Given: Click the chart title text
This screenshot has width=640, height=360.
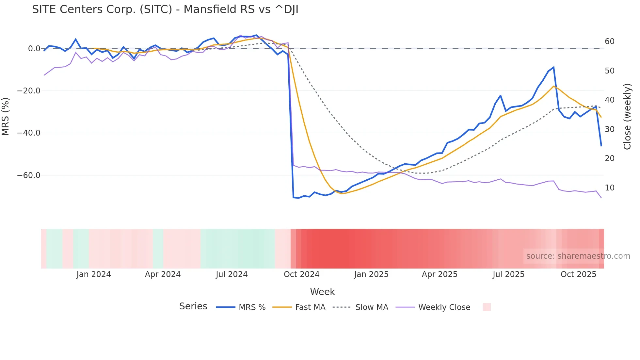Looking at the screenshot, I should point(165,9).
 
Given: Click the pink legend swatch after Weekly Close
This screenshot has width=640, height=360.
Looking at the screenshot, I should point(487,307).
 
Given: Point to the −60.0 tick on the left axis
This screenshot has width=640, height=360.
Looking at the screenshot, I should point(29,175).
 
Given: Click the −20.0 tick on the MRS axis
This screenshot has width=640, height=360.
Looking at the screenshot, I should point(29,91).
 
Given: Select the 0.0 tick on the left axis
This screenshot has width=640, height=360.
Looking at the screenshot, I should point(34,49).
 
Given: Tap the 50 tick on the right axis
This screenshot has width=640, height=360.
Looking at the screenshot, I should point(609,71).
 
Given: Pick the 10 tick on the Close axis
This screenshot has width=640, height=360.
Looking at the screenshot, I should point(609,188).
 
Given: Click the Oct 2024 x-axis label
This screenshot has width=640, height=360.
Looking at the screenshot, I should point(301,274).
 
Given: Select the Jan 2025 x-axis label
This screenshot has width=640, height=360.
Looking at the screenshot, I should point(371,274).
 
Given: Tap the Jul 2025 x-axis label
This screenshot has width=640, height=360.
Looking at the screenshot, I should point(508,274).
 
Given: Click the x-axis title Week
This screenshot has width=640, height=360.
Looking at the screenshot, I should point(322,292).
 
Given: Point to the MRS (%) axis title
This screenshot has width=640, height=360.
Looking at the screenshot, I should point(6,116).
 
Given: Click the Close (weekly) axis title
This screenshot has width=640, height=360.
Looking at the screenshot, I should point(627,116).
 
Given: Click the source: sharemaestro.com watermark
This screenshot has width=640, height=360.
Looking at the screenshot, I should point(578,256).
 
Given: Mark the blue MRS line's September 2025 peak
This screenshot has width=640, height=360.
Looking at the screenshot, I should point(553,67).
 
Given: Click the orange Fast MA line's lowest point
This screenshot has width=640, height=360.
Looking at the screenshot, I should point(341,193).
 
